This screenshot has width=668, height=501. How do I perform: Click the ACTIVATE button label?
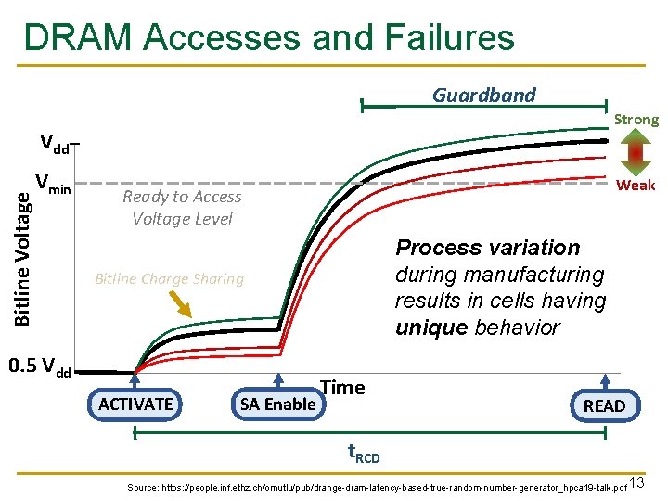click(x=135, y=404)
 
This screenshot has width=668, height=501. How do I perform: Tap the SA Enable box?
click(x=277, y=404)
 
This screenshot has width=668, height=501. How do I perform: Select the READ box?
click(x=604, y=405)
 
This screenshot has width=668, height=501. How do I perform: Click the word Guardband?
click(x=484, y=95)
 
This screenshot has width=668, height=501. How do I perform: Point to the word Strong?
click(x=636, y=119)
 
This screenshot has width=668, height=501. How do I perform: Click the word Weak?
click(x=636, y=185)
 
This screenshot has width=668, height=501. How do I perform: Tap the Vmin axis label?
click(x=52, y=184)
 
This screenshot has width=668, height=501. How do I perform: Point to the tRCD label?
click(x=364, y=454)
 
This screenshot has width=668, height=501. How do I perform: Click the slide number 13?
click(x=636, y=482)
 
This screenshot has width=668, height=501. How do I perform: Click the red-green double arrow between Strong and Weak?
click(x=636, y=151)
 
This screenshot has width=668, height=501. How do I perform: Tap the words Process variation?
click(x=488, y=248)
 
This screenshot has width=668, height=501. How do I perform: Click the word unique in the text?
click(x=431, y=328)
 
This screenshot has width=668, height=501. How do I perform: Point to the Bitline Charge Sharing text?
click(x=169, y=278)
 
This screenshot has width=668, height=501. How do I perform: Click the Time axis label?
click(x=342, y=387)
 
